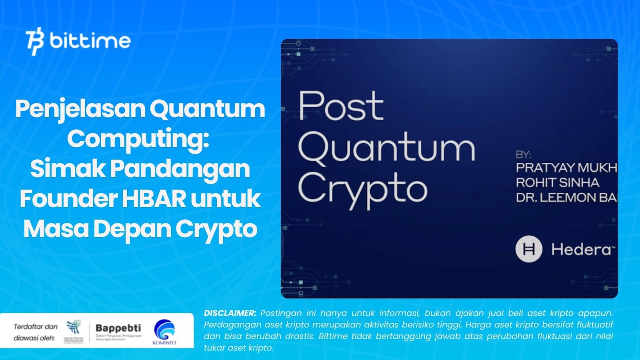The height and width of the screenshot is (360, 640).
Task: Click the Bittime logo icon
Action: click(35, 41)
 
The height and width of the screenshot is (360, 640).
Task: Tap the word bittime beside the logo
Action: click(90, 41)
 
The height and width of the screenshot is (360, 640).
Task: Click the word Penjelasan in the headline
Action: click(80, 109)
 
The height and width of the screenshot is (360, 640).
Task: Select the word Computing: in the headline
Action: click(138, 139)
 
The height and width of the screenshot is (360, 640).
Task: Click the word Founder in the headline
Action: click(68, 199)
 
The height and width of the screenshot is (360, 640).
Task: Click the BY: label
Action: click(523, 155)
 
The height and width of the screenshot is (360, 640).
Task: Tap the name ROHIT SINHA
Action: click(557, 183)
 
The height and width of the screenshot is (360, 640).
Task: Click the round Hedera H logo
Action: click(529, 249)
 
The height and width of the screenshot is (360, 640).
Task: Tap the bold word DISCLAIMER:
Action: click(230, 313)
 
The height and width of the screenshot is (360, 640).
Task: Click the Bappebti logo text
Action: click(118, 328)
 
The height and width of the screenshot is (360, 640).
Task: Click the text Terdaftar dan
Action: click(36, 327)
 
